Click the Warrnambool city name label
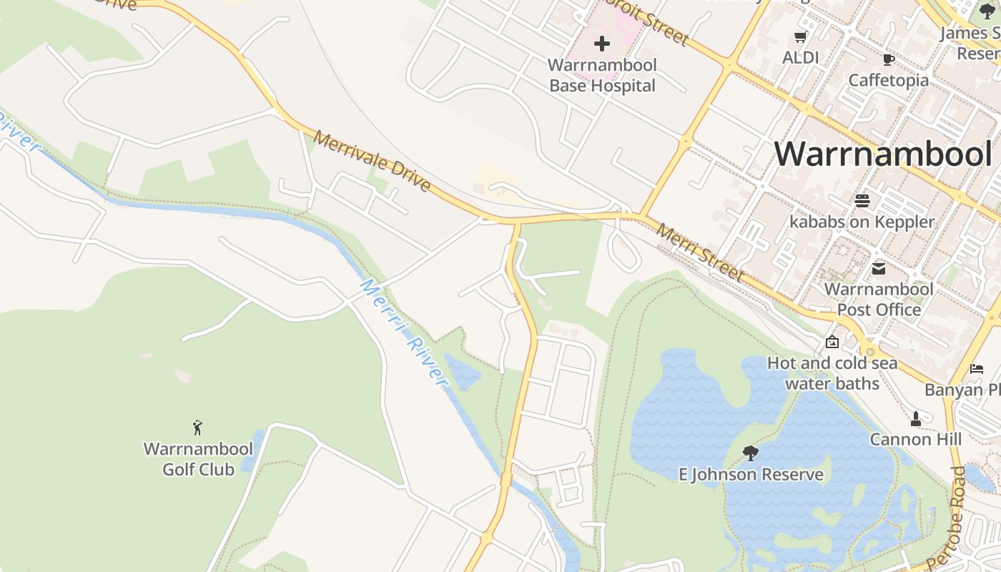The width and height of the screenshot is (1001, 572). (883, 154)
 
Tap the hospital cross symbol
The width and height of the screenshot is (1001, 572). (602, 44)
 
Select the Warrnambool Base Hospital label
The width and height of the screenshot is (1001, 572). (602, 75)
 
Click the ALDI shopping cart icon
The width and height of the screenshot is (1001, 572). (800, 37)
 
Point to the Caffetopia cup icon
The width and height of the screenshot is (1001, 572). (889, 59)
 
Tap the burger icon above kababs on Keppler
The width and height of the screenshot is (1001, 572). (862, 201)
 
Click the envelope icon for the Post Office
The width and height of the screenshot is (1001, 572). (879, 269)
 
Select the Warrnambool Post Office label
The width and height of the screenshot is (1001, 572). (879, 300)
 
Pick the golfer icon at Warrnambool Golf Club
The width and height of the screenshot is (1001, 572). (198, 428)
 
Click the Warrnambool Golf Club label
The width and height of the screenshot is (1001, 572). (198, 459)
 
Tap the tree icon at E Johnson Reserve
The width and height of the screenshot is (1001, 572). (750, 453)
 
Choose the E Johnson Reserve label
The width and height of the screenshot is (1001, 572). (751, 474)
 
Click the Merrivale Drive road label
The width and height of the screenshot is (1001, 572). (372, 162)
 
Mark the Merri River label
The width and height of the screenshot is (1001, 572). (404, 333)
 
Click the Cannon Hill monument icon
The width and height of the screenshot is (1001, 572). (915, 418)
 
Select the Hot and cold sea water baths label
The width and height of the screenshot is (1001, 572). (832, 373)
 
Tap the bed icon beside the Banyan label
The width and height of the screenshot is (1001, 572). (977, 369)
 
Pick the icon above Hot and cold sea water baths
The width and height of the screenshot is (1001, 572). (832, 342)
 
